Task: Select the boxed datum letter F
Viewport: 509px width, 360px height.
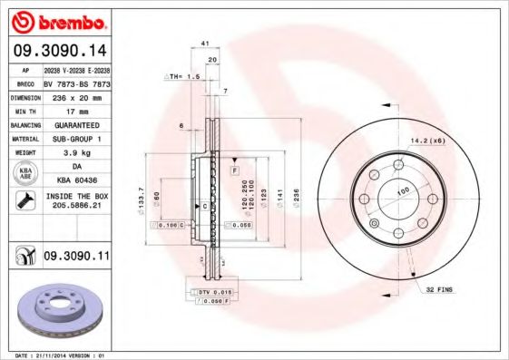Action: coord(234,170)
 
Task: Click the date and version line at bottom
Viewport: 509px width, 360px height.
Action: coord(56,355)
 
